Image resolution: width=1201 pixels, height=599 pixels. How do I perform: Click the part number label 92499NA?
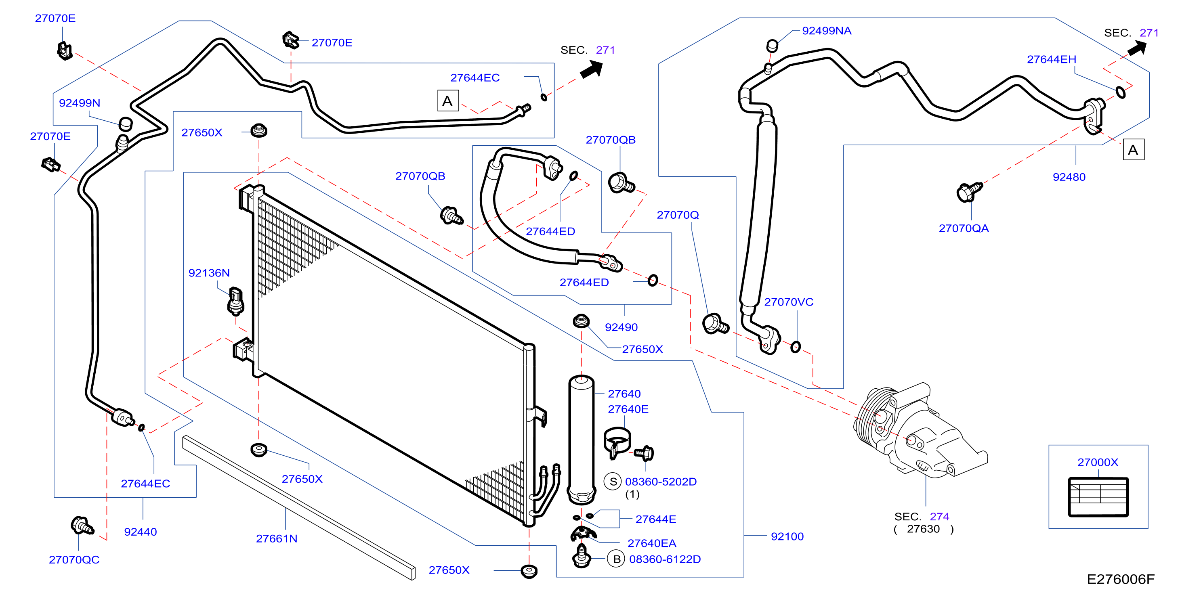point(826,31)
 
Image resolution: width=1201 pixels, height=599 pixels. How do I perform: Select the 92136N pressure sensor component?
point(236,301)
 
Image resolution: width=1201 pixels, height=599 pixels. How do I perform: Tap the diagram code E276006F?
point(1120,579)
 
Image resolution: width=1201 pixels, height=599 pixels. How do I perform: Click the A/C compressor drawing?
point(918,431)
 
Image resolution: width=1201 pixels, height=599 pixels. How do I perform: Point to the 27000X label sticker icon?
point(1098,497)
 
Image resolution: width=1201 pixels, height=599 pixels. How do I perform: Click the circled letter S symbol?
point(613,482)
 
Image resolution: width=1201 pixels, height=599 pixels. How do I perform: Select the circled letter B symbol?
point(616,559)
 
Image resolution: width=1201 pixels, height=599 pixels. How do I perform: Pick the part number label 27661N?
point(277,538)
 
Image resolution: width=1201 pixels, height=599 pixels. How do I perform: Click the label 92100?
point(787,536)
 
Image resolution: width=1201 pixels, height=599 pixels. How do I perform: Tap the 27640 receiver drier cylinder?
point(582,440)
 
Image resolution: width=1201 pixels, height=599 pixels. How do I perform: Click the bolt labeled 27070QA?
point(969,192)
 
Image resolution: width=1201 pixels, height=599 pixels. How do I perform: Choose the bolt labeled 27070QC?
point(82,526)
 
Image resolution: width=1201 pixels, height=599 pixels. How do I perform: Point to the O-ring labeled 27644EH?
point(1121,92)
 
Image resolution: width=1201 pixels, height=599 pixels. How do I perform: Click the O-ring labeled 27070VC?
point(796,347)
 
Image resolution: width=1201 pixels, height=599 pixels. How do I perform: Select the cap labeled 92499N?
point(126,124)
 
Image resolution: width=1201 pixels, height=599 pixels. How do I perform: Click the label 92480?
point(1069,177)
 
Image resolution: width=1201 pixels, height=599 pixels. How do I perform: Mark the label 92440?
point(141,532)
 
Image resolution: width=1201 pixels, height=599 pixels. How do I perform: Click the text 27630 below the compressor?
point(923,529)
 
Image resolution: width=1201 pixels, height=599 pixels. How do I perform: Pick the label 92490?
point(621,327)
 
